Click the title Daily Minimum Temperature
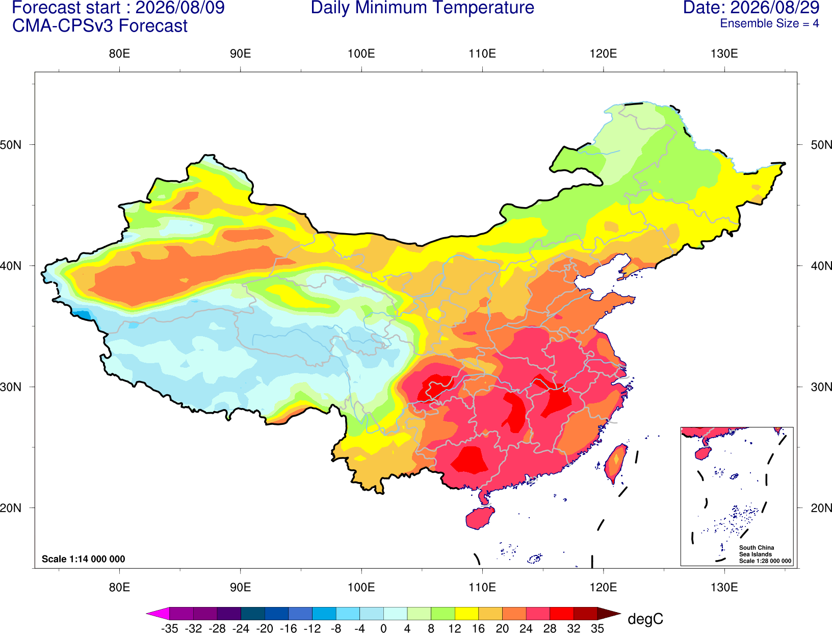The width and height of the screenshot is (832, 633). [422, 8]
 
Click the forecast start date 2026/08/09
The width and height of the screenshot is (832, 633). [180, 8]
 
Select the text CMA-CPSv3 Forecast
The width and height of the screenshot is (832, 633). [100, 26]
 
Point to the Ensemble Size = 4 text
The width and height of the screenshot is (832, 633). [769, 23]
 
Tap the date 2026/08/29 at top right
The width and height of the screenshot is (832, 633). [775, 8]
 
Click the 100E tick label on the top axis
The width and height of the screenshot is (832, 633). [361, 54]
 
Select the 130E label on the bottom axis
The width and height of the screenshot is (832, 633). [724, 588]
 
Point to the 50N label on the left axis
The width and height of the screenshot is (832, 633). [11, 145]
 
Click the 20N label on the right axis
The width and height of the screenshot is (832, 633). [821, 508]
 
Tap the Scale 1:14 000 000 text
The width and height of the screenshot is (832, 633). [84, 559]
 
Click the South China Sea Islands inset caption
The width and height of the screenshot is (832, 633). [765, 554]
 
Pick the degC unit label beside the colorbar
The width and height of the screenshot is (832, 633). [645, 619]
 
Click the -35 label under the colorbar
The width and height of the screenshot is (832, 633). [169, 628]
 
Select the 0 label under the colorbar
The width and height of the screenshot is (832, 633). [383, 628]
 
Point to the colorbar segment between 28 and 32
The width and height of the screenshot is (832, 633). [562, 613]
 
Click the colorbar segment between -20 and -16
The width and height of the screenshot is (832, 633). [276, 613]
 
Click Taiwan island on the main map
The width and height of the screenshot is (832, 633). [615, 464]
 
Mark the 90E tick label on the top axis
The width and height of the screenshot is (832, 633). [240, 54]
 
